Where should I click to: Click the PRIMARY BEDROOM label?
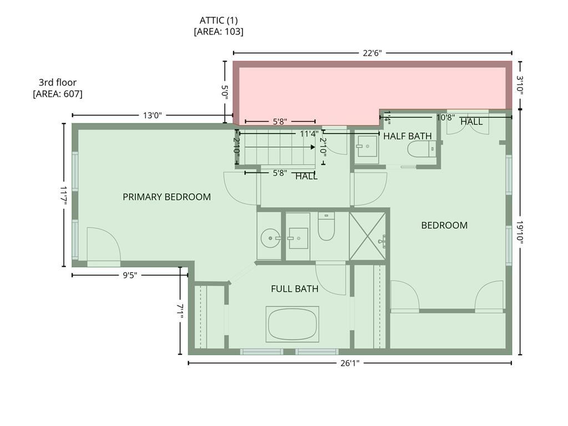tap(166, 197)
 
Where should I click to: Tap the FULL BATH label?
tap(295, 288)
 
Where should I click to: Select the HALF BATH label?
tap(408, 136)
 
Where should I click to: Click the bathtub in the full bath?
tap(292, 324)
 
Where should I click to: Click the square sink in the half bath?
tap(367, 146)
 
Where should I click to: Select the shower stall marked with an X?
tap(367, 236)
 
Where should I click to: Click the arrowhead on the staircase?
tap(313, 147)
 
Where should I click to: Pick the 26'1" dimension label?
tap(349, 363)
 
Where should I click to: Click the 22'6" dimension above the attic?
tap(372, 53)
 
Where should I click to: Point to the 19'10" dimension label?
tap(520, 232)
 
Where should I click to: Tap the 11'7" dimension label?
tap(64, 196)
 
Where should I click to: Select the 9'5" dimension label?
tap(130, 275)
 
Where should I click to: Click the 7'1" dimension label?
tap(180, 311)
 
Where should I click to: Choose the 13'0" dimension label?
tap(152, 115)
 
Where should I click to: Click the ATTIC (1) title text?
tap(219, 21)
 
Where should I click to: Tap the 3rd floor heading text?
tap(58, 82)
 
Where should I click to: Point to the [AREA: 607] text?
tap(58, 94)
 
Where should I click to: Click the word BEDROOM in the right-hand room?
tap(444, 225)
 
